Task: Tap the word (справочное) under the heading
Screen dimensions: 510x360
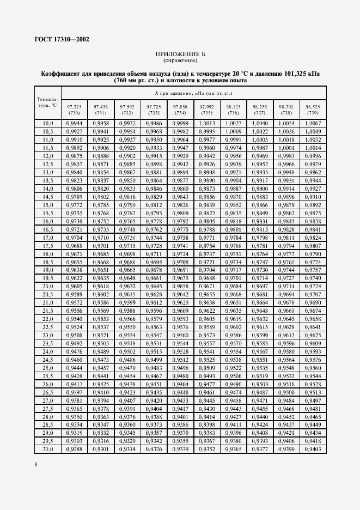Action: coord(179,60)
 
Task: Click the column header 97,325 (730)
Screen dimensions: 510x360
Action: coord(74,109)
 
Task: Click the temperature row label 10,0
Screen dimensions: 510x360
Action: coord(48,124)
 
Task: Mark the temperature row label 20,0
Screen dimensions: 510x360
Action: coord(48,286)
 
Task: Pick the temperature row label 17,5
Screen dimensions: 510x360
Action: coord(48,246)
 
